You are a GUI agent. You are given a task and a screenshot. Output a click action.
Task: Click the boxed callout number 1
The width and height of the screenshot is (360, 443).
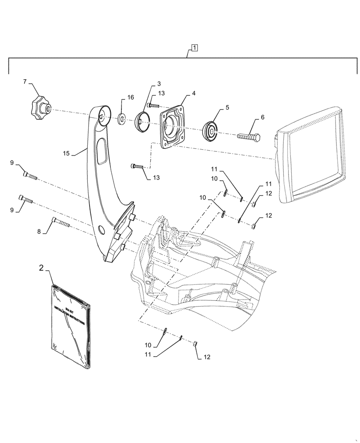(x=196, y=47)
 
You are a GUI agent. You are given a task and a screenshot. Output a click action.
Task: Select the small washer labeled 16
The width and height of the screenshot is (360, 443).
(x=121, y=119)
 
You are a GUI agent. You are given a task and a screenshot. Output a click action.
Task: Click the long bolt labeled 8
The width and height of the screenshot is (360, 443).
(x=61, y=222)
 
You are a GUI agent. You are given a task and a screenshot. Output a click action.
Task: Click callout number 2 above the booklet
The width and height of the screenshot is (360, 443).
(x=41, y=268)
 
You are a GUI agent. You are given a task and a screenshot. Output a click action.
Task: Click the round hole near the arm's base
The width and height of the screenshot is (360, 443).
(x=101, y=229)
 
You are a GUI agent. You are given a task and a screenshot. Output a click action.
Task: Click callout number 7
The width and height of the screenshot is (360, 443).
(x=25, y=82)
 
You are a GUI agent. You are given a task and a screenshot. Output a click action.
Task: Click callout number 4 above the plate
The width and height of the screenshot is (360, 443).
(x=193, y=93)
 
